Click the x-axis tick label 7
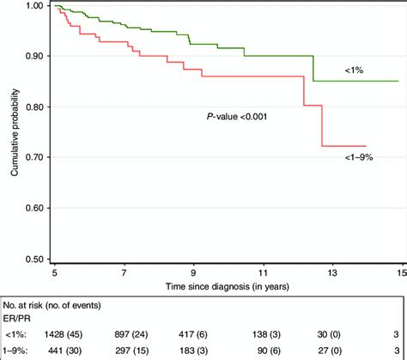click(125, 272)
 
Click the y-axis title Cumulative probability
click(15, 132)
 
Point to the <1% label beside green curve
click(330, 67)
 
